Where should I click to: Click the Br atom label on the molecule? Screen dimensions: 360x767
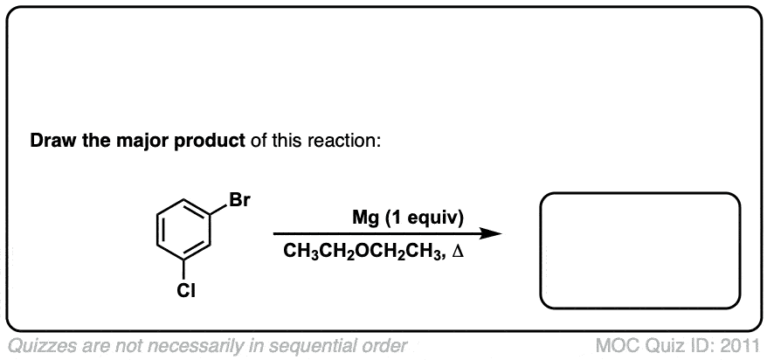pyautogui.click(x=239, y=200)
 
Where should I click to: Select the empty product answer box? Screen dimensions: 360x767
pyautogui.click(x=640, y=250)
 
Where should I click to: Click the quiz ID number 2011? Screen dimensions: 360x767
pyautogui.click(x=741, y=344)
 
